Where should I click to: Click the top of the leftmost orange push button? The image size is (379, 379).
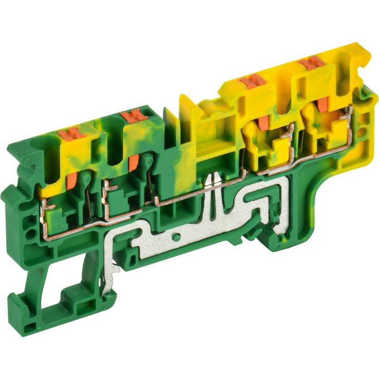[76, 134]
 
